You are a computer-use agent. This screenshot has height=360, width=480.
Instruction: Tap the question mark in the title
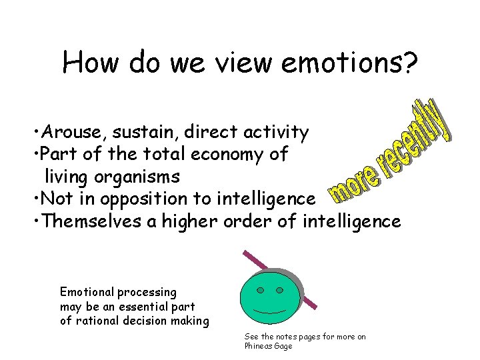tap(410, 63)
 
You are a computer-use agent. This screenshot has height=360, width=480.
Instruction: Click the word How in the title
tap(91, 63)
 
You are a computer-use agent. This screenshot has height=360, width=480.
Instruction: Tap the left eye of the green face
tap(261, 290)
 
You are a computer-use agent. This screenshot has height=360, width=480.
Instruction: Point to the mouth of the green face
tap(270, 312)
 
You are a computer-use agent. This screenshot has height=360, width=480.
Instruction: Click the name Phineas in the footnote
tap(259, 346)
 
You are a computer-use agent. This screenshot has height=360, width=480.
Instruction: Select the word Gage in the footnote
tap(283, 346)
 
